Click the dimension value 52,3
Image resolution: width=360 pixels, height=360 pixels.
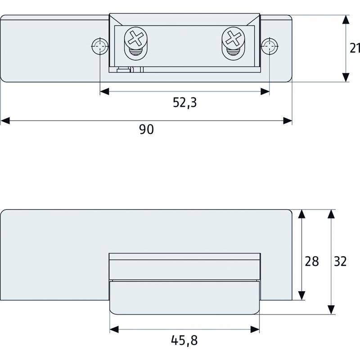(184, 103)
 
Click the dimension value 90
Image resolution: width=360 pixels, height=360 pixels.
(146, 130)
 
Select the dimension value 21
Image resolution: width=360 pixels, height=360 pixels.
(355, 48)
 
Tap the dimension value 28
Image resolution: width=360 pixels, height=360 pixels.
(311, 261)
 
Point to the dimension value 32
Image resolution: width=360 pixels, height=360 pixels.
(341, 261)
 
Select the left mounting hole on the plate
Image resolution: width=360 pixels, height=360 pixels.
(99, 46)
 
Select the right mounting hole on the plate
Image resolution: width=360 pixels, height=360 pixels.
(270, 46)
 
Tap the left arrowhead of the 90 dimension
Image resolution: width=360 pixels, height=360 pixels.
(5, 121)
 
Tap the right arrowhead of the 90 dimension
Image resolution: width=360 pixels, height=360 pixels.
(287, 121)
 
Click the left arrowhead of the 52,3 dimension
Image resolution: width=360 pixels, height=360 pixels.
(104, 92)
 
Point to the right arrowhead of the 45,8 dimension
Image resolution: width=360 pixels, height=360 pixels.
(255, 329)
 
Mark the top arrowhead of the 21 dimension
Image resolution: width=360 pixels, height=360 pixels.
(345, 20)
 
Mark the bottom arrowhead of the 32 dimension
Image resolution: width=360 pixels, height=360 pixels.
(331, 309)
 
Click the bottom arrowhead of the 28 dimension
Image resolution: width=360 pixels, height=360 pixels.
(301, 295)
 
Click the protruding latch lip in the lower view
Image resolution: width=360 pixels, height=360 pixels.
(184, 297)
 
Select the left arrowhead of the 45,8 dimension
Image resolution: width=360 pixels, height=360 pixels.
(115, 329)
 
